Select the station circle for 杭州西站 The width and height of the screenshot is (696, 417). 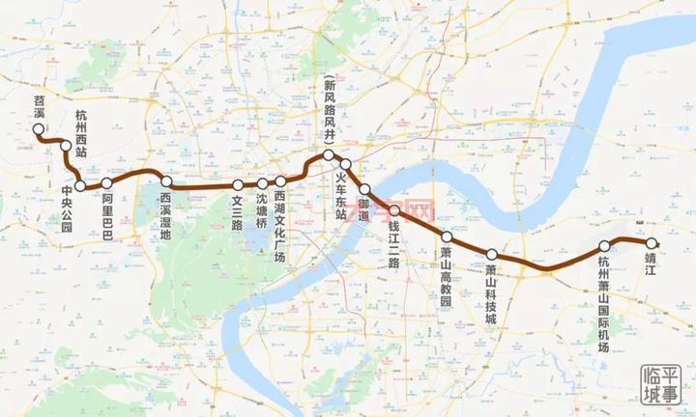click(x=66, y=147)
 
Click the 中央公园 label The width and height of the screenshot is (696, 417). click(x=67, y=208)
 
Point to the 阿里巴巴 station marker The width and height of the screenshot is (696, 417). click(x=107, y=181)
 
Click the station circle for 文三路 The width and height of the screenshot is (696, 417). click(x=238, y=184)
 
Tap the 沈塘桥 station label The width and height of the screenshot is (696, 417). click(x=262, y=212)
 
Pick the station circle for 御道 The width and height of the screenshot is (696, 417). click(x=365, y=188)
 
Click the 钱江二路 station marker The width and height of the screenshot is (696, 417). click(x=394, y=209)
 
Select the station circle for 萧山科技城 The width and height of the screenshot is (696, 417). click(x=491, y=253)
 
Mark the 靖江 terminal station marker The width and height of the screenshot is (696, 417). click(x=652, y=243)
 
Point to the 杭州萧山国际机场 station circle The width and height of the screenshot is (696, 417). click(x=605, y=245)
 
